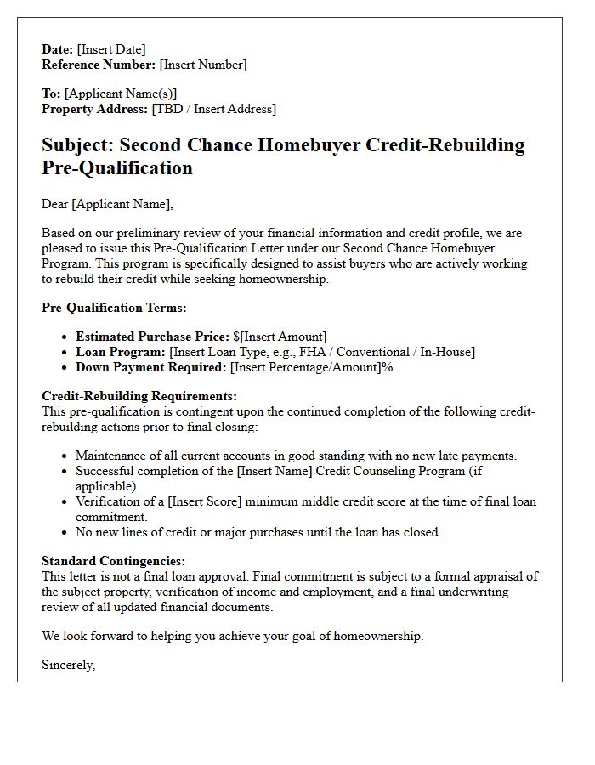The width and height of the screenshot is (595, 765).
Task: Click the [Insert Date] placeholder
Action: click(x=111, y=49)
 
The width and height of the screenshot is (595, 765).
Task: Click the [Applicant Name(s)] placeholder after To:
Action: click(x=121, y=93)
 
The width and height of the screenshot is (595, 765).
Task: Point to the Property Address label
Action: click(x=95, y=109)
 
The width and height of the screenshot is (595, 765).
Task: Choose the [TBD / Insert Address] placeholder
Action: click(x=214, y=109)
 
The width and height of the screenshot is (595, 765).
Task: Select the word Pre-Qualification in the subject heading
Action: click(x=117, y=167)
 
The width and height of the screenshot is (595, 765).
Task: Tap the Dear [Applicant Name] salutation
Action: click(x=107, y=204)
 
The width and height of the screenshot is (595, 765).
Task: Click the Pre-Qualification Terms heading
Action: click(x=114, y=308)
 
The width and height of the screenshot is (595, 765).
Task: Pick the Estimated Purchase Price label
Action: click(x=152, y=337)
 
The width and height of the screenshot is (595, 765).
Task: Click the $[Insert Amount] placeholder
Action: click(x=280, y=337)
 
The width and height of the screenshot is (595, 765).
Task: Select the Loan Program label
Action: click(x=120, y=352)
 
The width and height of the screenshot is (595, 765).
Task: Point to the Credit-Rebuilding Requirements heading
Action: click(x=139, y=397)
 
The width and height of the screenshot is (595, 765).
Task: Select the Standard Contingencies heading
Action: click(x=113, y=562)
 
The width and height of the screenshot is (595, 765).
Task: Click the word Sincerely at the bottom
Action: click(x=68, y=665)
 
